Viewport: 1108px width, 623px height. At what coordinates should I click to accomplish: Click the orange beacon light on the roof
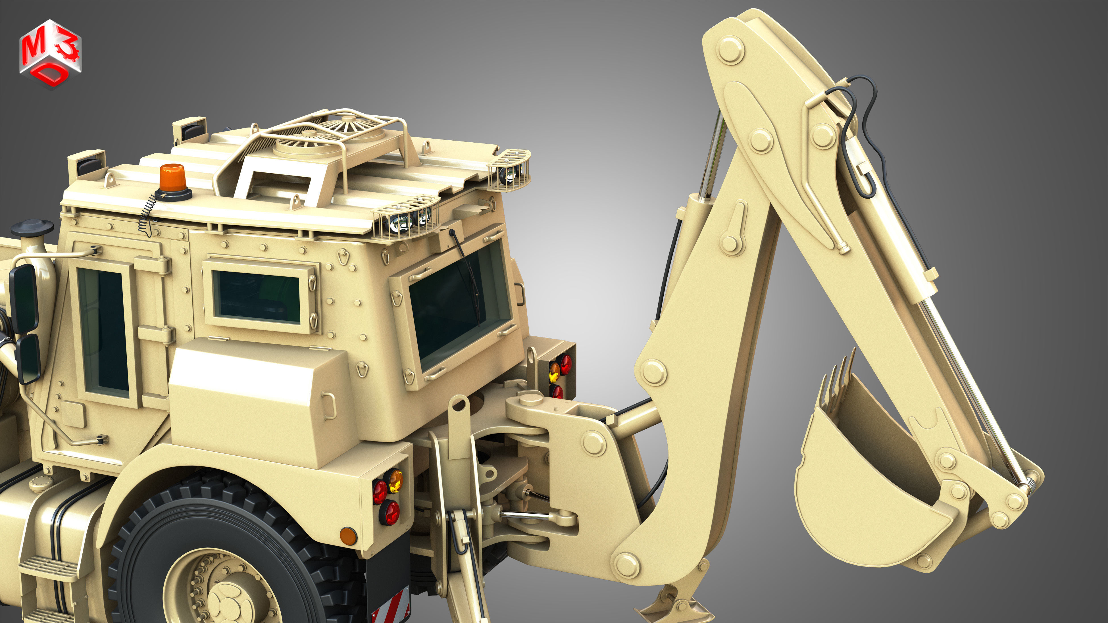[x=172, y=177]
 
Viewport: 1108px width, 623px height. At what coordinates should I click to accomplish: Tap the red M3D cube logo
[x=50, y=53]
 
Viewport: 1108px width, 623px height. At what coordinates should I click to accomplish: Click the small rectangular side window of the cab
[x=257, y=297]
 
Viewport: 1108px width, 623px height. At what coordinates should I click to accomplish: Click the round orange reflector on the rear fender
[x=348, y=536]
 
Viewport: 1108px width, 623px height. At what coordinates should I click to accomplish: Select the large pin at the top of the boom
[x=731, y=50]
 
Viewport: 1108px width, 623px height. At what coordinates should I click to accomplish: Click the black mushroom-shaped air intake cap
[x=32, y=227]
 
